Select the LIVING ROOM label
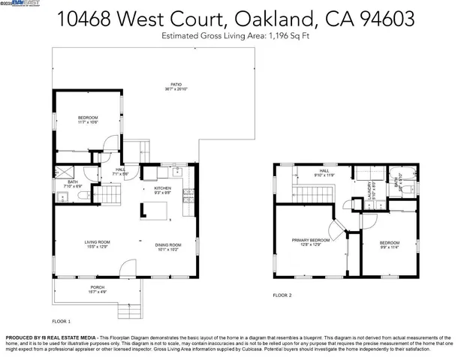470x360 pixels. coord(97,241)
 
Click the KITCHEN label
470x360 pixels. coord(163,188)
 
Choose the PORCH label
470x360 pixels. coord(97,286)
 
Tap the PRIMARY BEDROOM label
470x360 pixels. coord(306,241)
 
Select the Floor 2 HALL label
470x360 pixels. coord(324,172)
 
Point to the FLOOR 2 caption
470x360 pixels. coord(282,295)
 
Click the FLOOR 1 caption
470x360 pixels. coord(61,320)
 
